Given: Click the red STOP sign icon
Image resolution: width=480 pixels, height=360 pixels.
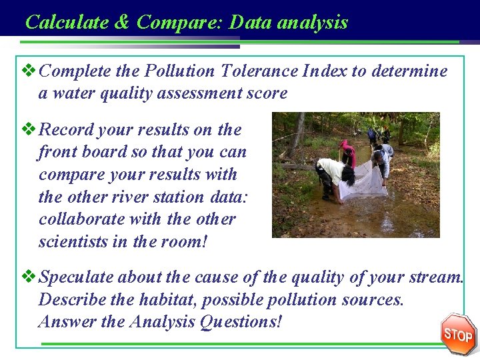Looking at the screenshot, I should pyautogui.click(x=458, y=334).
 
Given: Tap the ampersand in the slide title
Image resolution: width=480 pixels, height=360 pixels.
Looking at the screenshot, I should pyautogui.click(x=122, y=22).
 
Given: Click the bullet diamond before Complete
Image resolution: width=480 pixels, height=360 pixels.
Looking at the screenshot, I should pyautogui.click(x=28, y=70).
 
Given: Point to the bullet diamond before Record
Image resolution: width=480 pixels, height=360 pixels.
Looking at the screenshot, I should pyautogui.click(x=28, y=129).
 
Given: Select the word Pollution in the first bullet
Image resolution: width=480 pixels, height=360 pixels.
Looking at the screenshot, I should pyautogui.click(x=184, y=71).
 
